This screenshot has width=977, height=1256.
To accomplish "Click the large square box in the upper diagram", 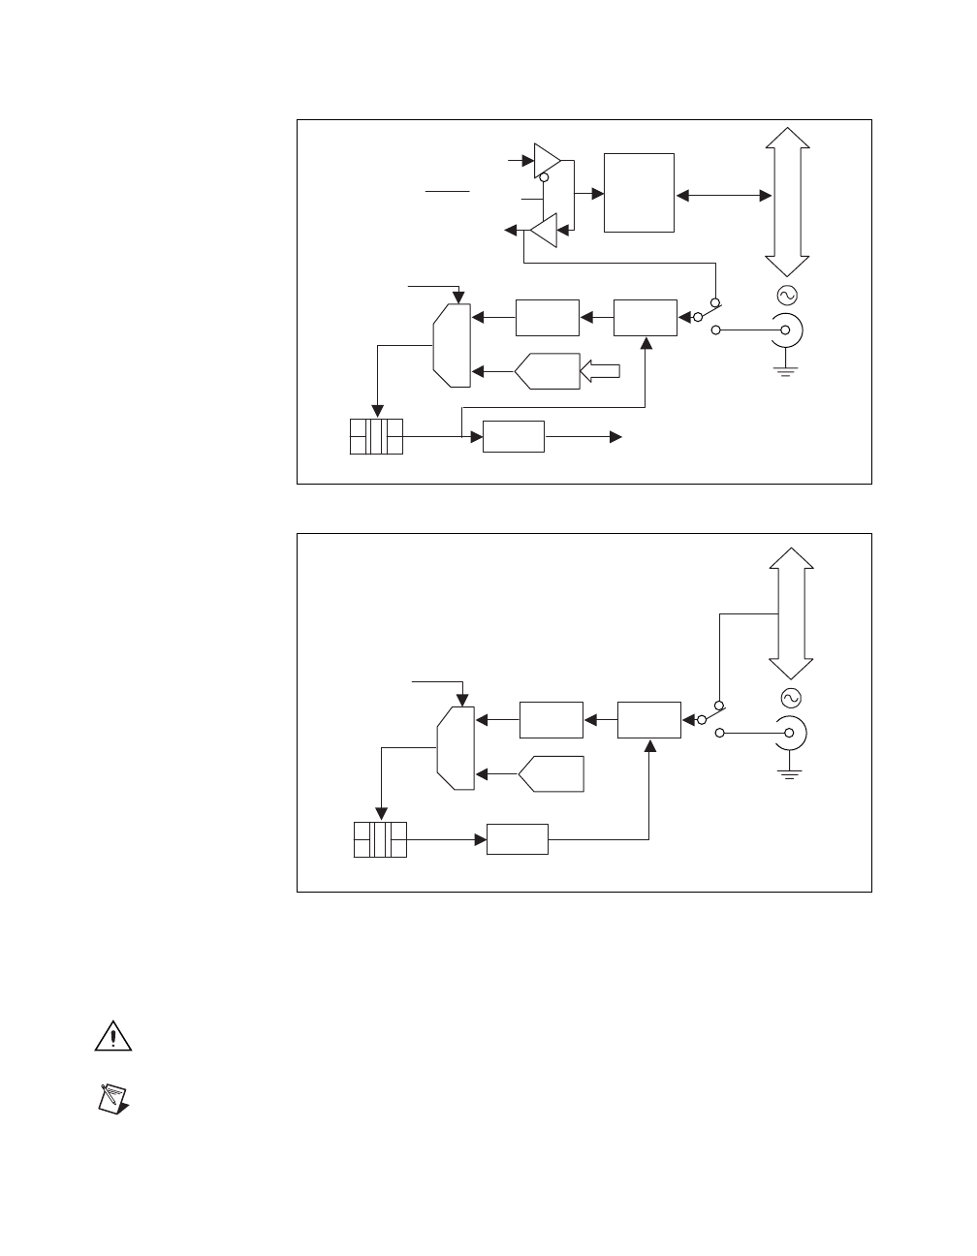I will [x=639, y=192].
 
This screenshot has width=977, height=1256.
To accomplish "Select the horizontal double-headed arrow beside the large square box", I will [x=723, y=196].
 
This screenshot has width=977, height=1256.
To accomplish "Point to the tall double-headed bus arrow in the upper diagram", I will [x=786, y=202].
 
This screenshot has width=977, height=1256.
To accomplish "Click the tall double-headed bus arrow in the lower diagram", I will [x=791, y=613].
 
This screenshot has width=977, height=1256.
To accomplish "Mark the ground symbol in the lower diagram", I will [x=790, y=772].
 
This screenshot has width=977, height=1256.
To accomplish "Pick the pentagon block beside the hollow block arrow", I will [x=548, y=371].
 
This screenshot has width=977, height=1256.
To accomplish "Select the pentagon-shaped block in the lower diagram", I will [x=552, y=773].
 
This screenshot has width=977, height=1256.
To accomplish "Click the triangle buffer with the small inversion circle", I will [x=547, y=160].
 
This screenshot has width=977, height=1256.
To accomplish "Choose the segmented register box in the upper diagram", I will [x=376, y=436].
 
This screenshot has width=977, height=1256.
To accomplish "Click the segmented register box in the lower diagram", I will [x=380, y=839].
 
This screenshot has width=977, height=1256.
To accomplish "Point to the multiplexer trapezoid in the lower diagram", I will [x=455, y=747].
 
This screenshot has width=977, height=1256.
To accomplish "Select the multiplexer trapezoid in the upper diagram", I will [x=451, y=344].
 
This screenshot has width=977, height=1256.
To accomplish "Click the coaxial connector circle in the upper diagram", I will [x=784, y=330].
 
